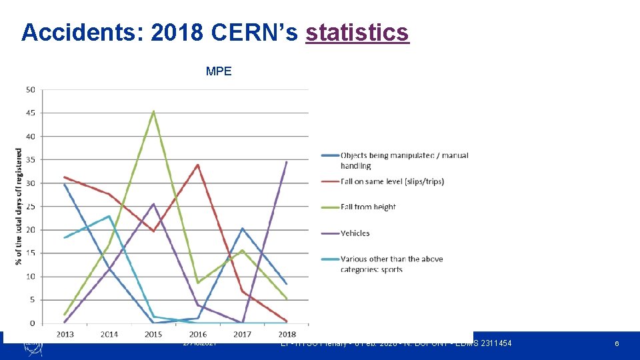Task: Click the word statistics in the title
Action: tap(357, 32)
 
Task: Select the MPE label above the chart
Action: tap(219, 71)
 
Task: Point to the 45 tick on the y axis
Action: tap(31, 113)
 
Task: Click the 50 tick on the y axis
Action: tap(31, 89)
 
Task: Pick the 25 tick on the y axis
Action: tap(31, 207)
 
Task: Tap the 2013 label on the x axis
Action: tap(65, 334)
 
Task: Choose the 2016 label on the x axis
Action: tap(197, 334)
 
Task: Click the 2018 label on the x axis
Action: tap(286, 334)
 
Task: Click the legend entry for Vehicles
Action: tap(355, 233)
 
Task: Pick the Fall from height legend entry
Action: tap(368, 207)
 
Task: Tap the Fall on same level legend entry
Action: tap(391, 181)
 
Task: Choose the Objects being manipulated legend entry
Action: tap(404, 160)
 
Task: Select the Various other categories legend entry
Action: tap(391, 263)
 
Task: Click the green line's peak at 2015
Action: tap(153, 111)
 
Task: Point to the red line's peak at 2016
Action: tap(198, 165)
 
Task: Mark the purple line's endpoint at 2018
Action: tap(287, 162)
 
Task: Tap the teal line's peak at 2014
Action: tap(109, 216)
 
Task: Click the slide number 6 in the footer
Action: tap(617, 343)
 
